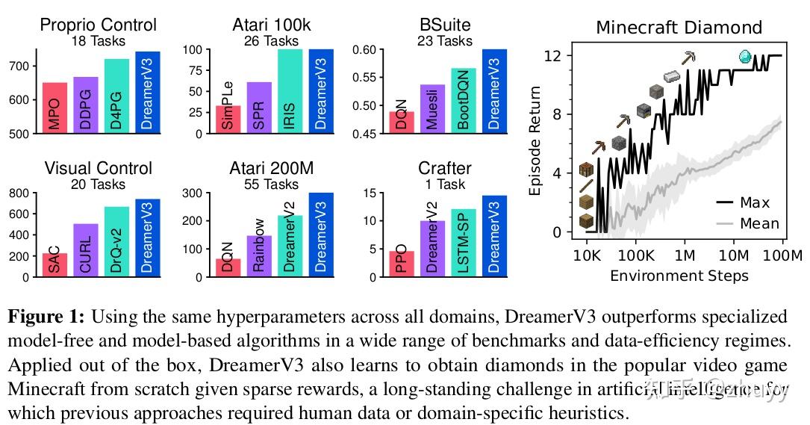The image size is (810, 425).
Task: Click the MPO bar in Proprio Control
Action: click(x=54, y=108)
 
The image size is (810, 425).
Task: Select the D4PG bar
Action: click(x=116, y=96)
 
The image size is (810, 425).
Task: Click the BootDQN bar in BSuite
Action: click(x=463, y=101)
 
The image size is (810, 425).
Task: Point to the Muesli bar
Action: click(x=432, y=109)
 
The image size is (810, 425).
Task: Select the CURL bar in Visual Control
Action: click(x=85, y=250)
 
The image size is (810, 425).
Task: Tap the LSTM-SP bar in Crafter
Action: click(x=463, y=243)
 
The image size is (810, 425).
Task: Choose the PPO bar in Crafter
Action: click(x=402, y=264)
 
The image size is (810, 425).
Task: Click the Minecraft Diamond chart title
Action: click(x=679, y=28)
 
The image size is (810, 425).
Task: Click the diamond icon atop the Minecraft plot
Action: click(x=744, y=56)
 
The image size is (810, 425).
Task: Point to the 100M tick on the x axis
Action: click(x=783, y=255)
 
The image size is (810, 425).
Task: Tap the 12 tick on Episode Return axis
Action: click(x=553, y=55)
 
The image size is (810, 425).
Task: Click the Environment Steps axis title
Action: click(x=679, y=276)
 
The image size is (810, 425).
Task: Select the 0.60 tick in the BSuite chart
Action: click(x=369, y=50)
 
